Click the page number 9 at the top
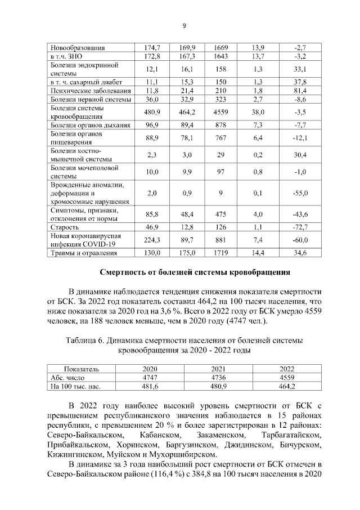[184, 25]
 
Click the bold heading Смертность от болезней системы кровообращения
[195, 272]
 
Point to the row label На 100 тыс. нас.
[75, 387]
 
